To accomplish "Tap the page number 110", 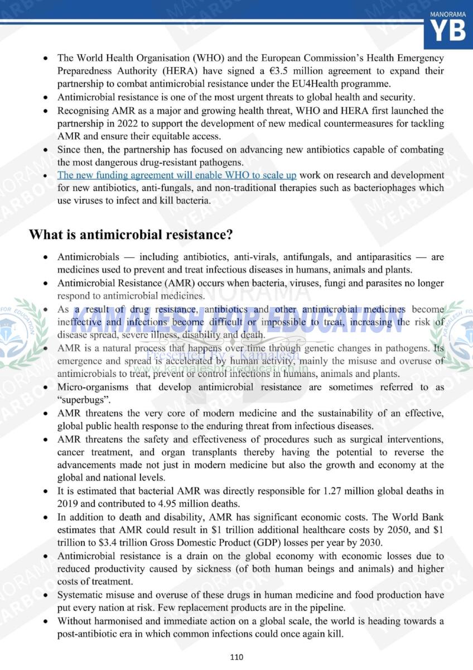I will tap(236, 657).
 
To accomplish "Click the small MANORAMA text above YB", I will tap(448, 12).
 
